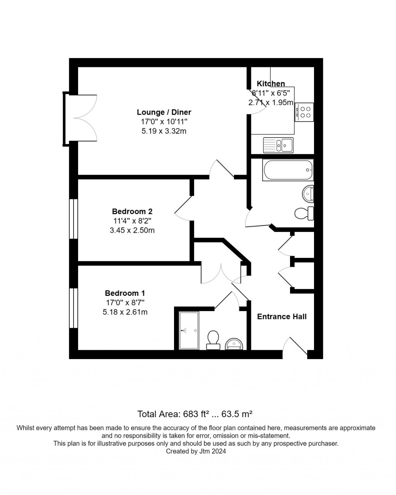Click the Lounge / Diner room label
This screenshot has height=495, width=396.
click(x=164, y=112)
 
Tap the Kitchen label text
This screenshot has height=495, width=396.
click(x=271, y=84)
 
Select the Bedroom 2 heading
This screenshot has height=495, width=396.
click(x=132, y=211)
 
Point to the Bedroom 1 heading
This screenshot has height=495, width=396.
click(x=125, y=293)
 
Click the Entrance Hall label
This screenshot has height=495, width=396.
click(x=282, y=316)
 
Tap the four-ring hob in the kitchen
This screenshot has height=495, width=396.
click(x=304, y=112)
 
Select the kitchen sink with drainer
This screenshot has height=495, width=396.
click(x=278, y=145)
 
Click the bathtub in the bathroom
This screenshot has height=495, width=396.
click(x=288, y=170)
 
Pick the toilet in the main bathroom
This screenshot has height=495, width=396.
click(x=304, y=213)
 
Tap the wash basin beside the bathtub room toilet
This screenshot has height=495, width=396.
click(x=309, y=194)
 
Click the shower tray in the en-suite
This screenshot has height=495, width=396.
click(x=189, y=330)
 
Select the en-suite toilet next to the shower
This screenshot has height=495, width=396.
click(x=213, y=340)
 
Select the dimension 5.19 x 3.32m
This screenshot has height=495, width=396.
click(x=164, y=131)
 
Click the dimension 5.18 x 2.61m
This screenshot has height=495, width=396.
click(x=125, y=312)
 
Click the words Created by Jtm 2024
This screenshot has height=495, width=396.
click(x=196, y=451)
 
